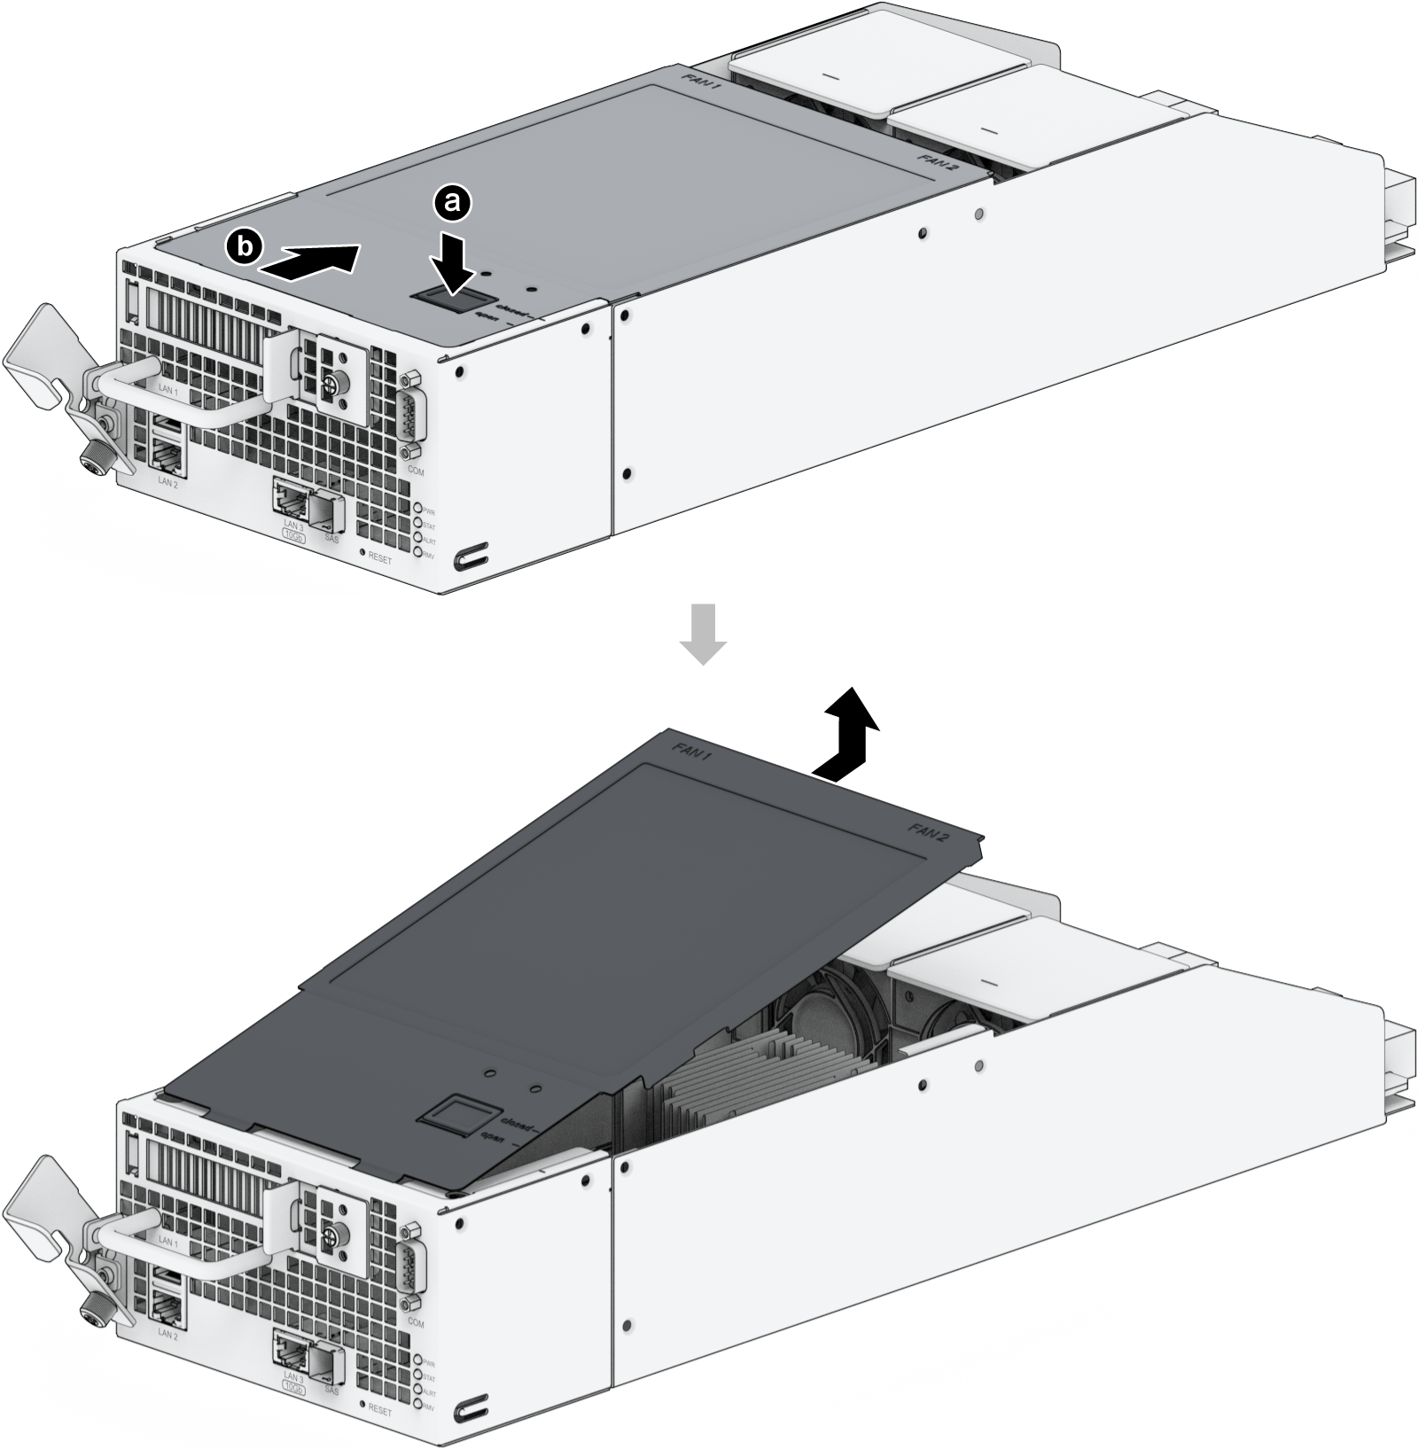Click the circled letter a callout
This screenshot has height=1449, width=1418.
click(452, 202)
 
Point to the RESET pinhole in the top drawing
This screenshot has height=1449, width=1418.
click(362, 552)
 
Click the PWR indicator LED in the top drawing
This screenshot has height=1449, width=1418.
click(418, 509)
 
